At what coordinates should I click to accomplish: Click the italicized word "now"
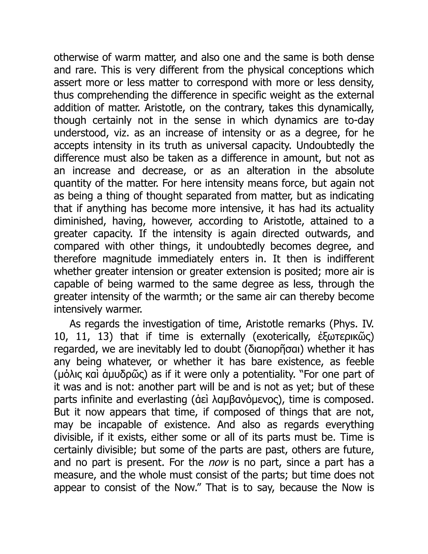(x=218, y=462)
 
